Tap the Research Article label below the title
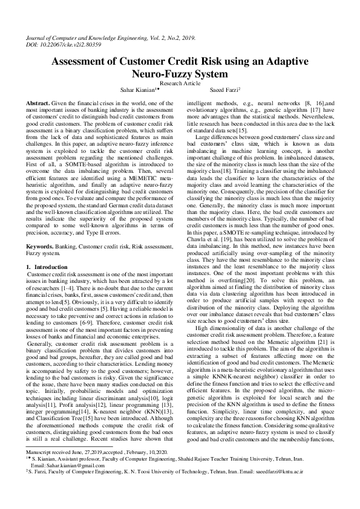pyautogui.click(x=180, y=84)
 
